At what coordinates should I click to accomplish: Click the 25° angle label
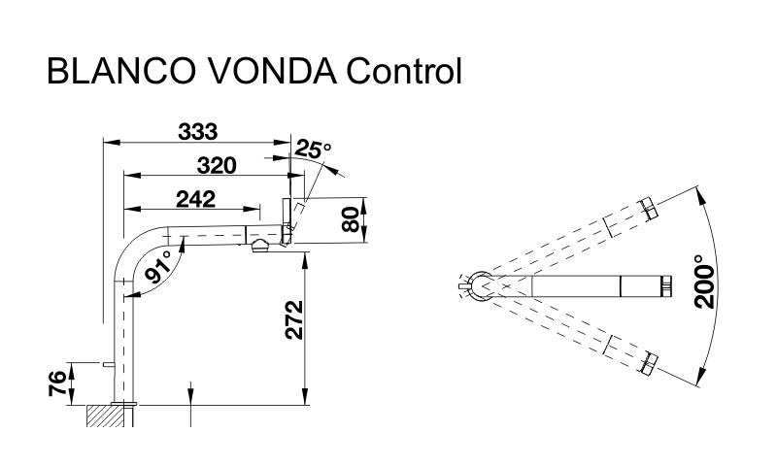click(313, 150)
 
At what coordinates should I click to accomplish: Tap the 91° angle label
click(158, 267)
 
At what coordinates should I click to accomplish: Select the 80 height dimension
click(352, 219)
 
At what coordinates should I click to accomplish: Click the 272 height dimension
click(294, 319)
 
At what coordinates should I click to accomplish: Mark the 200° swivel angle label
click(706, 282)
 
